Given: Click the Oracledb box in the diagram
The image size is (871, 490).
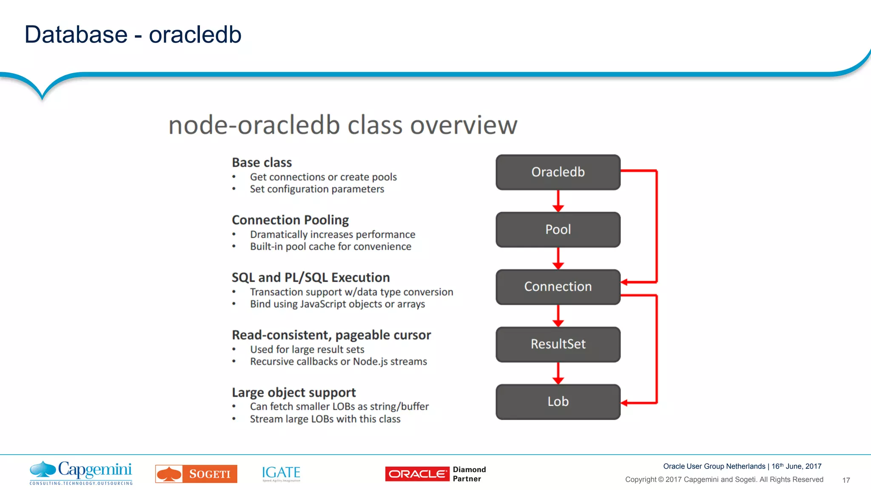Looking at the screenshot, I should point(558,172).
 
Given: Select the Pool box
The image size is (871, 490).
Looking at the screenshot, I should point(558,229).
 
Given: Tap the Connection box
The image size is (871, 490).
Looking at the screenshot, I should point(558,287).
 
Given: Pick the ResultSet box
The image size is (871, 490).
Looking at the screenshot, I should point(558,344).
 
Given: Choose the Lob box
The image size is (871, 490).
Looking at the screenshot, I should point(558,402).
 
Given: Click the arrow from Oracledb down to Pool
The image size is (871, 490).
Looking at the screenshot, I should point(558,201).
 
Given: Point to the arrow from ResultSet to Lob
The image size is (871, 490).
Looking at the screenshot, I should point(558,373).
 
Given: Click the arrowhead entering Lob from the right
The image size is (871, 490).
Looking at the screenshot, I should point(625,403).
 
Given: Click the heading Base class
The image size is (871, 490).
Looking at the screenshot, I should point(262,162).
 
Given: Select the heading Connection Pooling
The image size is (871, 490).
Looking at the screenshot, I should point(290,220).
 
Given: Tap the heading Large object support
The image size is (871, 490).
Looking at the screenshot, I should point(293,392).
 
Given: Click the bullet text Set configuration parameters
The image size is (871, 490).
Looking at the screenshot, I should point(317,189).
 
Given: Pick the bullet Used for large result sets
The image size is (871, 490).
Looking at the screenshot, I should point(307,349).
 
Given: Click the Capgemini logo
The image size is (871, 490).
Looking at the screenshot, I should point(81,473).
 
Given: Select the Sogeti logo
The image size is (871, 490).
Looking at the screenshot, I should point(196,474).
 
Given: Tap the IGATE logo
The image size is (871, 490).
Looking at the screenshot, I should point(281,473).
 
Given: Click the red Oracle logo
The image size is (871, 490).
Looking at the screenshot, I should point(417,474).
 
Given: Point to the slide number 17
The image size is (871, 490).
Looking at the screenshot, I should point(846,480).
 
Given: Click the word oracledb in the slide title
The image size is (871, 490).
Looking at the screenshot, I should point(195,34).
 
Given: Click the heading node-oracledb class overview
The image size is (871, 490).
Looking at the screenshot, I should point(343,125).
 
